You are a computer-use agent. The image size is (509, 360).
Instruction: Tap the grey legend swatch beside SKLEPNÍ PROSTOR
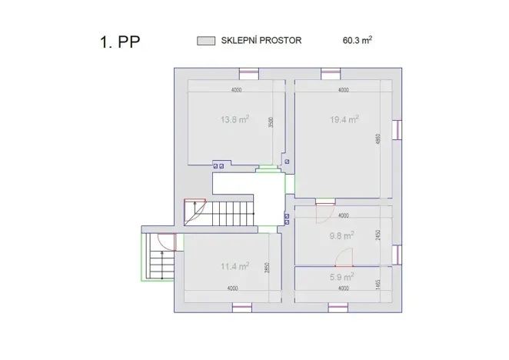[205, 40]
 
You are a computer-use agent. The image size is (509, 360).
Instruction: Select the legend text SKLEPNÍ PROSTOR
[261, 40]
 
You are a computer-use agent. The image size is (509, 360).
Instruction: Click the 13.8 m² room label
[235, 119]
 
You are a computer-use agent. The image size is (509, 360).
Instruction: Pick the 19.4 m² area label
[344, 119]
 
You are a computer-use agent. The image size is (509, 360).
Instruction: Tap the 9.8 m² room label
[341, 235]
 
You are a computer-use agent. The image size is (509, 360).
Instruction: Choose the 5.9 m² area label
[341, 277]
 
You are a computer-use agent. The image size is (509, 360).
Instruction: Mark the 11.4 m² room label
[235, 267]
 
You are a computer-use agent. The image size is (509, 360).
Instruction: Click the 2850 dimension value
[266, 269]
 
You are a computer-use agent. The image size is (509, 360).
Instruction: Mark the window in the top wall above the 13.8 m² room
[248, 74]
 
